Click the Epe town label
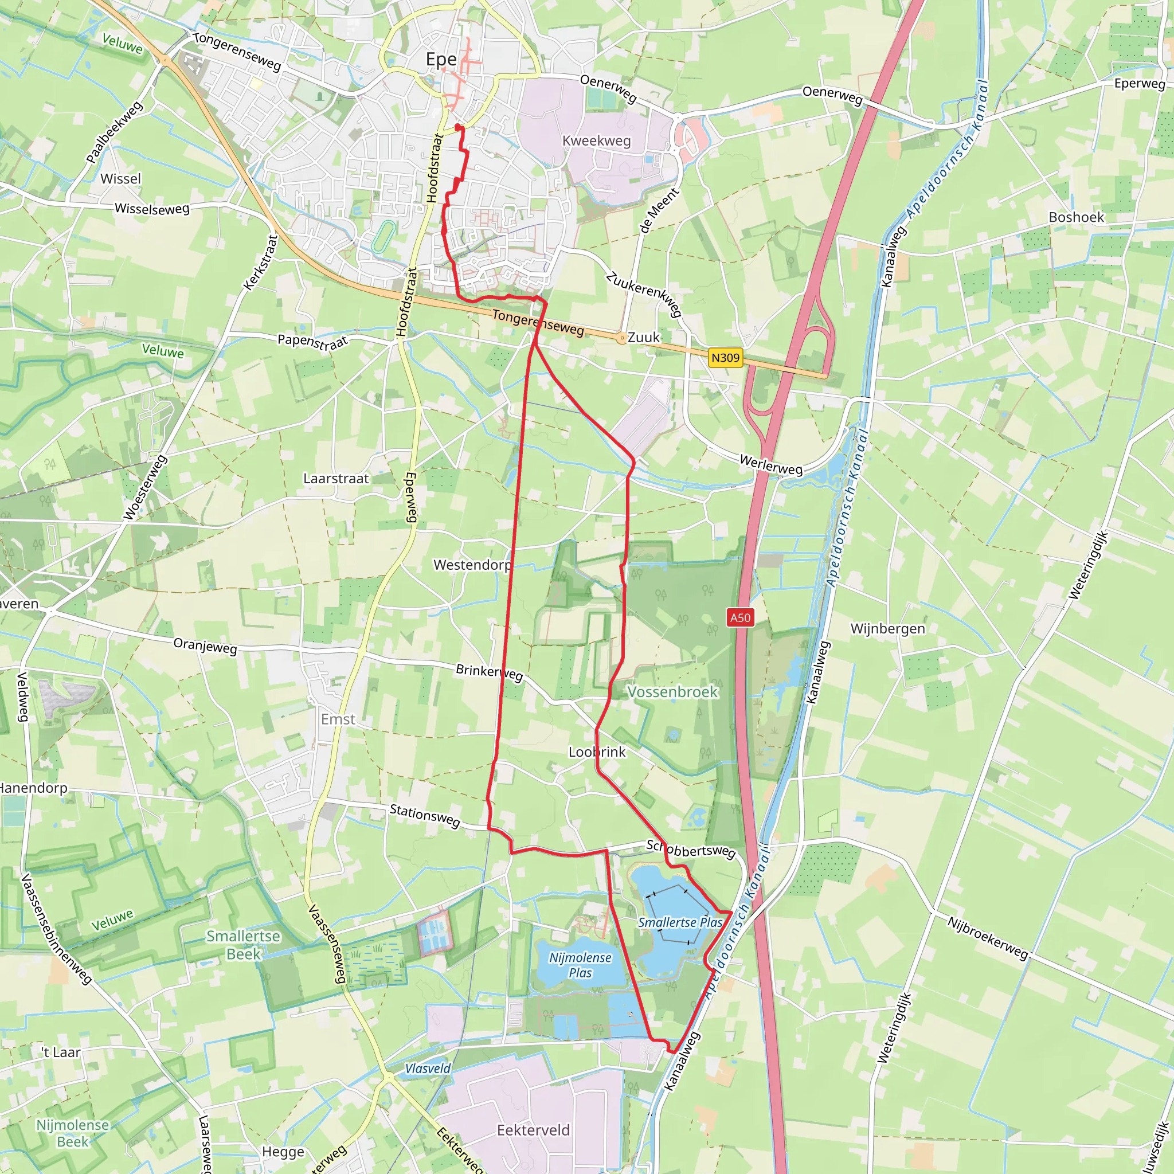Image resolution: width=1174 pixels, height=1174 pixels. coord(441,60)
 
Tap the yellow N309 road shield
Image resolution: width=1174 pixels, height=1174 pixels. coord(726,357)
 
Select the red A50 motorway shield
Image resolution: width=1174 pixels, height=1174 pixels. coord(740,618)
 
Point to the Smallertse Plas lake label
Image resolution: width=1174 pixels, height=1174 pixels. coord(680,922)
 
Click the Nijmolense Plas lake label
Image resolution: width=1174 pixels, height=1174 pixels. coord(580,965)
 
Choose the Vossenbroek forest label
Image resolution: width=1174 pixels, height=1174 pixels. coord(672,692)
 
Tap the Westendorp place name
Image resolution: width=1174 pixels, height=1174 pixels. coord(472,565)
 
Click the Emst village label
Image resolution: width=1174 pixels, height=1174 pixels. coord(338,719)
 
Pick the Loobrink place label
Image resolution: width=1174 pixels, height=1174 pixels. coord(597,752)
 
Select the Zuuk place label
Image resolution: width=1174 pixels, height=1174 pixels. coord(644,337)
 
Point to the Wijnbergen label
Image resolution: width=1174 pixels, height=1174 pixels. coord(888,628)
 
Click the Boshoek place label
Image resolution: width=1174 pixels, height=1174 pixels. coord(1076,217)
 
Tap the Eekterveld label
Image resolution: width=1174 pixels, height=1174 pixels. coord(534,1130)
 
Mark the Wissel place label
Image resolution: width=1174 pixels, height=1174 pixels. coord(120,179)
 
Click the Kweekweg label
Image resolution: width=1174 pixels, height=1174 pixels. coord(597,141)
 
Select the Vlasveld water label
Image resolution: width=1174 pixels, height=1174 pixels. coord(428,1069)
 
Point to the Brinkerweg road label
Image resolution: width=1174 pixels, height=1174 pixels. coord(489,672)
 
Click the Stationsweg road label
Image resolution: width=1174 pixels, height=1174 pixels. coord(425,816)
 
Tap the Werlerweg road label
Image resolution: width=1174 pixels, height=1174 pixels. coord(771,465)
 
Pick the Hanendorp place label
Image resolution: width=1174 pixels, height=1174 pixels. coord(33,788)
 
